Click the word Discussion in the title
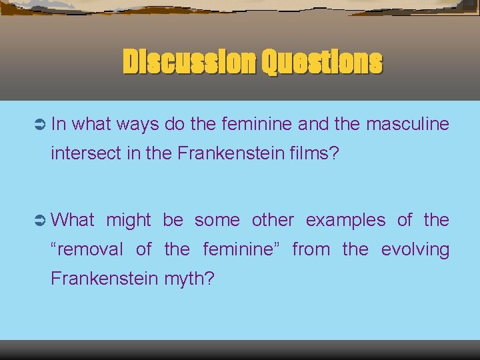(188, 63)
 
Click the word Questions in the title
(322, 63)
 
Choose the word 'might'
(129, 220)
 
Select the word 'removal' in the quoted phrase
(89, 249)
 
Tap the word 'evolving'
(415, 249)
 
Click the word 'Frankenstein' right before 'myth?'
(103, 278)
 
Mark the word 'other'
(272, 220)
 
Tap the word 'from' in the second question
(311, 249)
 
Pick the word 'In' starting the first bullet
(58, 124)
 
